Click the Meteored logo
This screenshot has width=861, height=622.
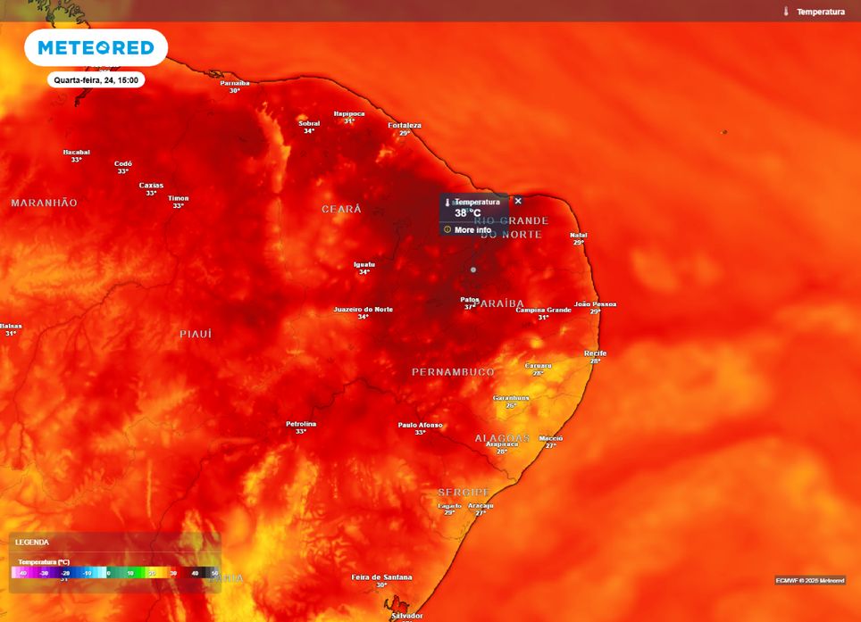pos(96,47)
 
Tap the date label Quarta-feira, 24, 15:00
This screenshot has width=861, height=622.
pos(96,79)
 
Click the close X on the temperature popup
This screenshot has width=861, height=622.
pos(518,201)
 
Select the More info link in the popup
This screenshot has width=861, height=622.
pos(472,229)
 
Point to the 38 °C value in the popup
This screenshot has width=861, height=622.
pos(467,213)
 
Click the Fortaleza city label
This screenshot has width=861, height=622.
pos(405,126)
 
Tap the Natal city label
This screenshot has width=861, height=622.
pos(579,236)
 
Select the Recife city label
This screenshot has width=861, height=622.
pos(596,353)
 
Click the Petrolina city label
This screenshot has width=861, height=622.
pos(301,424)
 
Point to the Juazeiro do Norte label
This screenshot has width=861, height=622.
pos(363,310)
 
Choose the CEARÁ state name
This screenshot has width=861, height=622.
pos(342,209)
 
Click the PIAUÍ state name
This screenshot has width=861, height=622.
pos(196,334)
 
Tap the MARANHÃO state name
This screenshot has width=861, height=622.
pos(45,203)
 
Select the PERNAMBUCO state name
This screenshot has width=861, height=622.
pos(453,371)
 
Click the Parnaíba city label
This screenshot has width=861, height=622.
pos(235,83)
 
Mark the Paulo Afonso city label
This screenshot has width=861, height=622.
pos(420,425)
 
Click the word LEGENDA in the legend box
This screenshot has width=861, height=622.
pos(32,542)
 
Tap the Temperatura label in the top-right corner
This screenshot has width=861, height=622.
pos(820,12)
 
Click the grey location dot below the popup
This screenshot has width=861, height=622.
pos(473,270)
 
